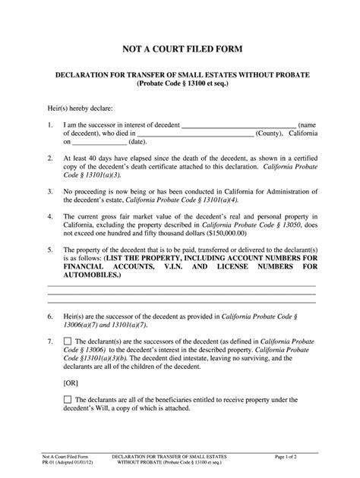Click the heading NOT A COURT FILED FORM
[180, 49]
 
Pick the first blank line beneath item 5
[182, 286]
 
